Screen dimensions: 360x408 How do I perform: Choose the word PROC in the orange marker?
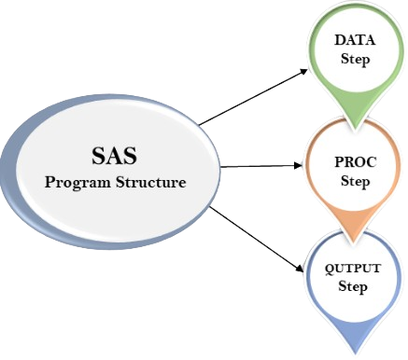[x=354, y=164]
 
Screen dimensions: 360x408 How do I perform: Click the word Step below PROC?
[x=354, y=181]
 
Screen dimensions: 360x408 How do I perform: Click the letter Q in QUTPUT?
[x=329, y=270]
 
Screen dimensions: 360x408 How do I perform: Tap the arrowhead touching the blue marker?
[x=300, y=270]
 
